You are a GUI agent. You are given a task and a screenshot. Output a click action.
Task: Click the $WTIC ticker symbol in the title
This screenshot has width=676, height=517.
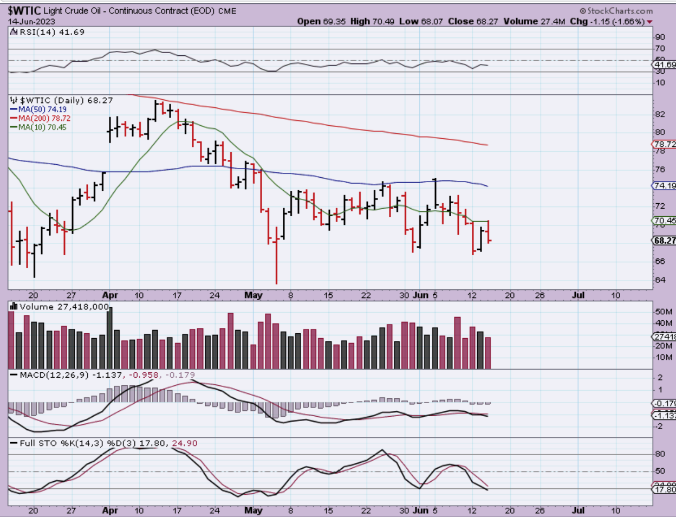click(x=24, y=10)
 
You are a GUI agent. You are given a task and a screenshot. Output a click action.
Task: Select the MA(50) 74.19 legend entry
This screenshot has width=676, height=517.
click(x=42, y=109)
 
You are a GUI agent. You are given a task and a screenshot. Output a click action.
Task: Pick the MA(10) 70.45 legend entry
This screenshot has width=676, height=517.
click(x=42, y=127)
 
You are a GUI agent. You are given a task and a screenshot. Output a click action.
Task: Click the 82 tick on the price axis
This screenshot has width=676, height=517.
click(x=660, y=114)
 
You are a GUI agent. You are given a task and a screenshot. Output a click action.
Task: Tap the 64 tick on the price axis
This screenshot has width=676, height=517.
click(x=660, y=280)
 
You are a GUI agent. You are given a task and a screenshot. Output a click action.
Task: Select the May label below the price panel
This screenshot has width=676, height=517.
click(x=253, y=295)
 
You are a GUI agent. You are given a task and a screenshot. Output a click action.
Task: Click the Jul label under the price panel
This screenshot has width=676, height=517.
click(x=578, y=295)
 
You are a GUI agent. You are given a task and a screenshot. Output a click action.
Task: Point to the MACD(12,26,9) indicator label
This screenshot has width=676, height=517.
click(x=54, y=375)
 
